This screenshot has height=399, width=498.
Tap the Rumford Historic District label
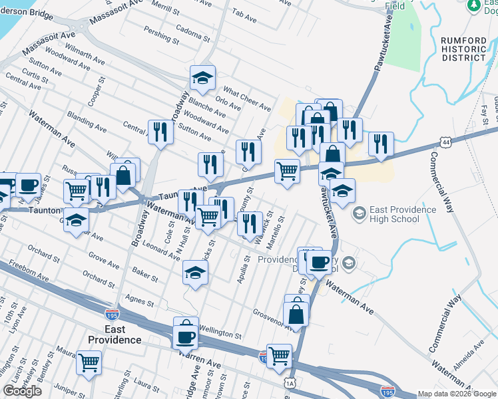463,49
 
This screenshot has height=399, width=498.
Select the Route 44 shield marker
444,142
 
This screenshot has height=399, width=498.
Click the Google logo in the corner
22,391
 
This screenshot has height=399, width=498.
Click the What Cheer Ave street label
247,98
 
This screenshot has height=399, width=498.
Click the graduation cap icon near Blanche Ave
202,78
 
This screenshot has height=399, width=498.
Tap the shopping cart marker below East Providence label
89,363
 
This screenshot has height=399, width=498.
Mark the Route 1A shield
289,383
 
